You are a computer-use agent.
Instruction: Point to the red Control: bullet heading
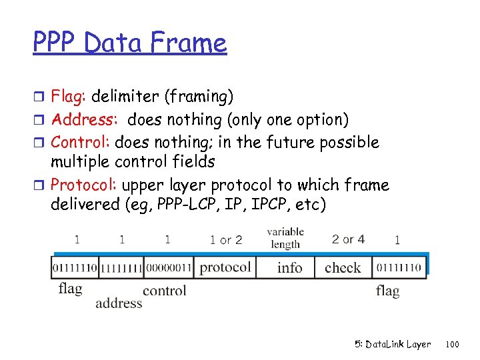point(81,143)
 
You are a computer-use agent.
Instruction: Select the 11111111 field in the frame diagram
point(121,268)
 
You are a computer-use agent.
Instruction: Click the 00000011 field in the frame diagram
point(167,268)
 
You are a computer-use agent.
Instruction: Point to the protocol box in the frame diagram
point(225,268)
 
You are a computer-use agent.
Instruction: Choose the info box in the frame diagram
point(289,268)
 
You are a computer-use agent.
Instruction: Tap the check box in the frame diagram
point(343,268)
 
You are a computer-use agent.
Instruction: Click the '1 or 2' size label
point(225,239)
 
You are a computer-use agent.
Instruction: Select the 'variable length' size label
point(285,238)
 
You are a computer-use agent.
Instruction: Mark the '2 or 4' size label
point(348,239)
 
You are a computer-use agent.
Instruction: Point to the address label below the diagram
point(119,303)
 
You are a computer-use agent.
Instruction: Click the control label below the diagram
point(164,290)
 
